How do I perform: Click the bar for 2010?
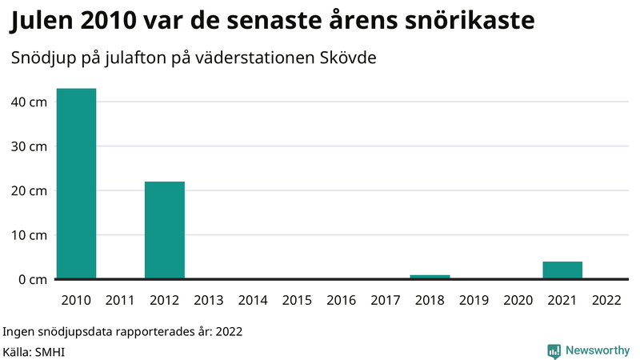pos(76,184)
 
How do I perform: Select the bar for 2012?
pos(165,230)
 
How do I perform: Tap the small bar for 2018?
pos(430,277)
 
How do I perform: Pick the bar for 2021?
pos(562,270)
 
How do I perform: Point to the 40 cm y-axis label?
pos(29,102)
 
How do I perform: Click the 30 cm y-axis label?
pos(29,146)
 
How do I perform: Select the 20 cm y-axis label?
pos(29,191)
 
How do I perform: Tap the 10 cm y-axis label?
pos(29,235)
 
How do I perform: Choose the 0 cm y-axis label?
pos(32,279)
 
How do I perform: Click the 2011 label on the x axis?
pos(120,301)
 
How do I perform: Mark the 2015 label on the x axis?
pos(297,301)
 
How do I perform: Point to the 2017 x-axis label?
pos(386,301)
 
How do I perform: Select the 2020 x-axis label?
pos(518,301)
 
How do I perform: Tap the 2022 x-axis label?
pos(606,301)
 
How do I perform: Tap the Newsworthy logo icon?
pos(554,350)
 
